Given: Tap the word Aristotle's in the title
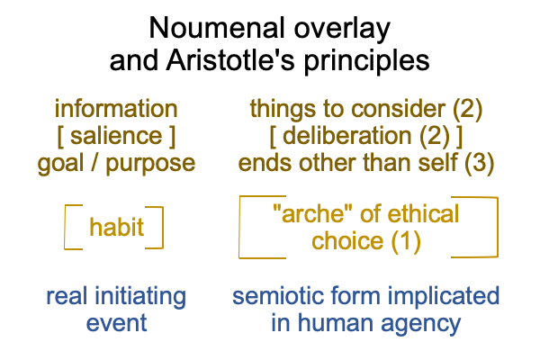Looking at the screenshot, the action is click(x=230, y=60).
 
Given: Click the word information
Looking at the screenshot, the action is click(x=116, y=109).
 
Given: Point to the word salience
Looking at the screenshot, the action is click(x=116, y=135).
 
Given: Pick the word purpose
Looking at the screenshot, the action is click(x=150, y=165).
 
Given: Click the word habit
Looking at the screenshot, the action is click(x=116, y=227).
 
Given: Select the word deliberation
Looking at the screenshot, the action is click(x=346, y=135).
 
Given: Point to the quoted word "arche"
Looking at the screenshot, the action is click(x=309, y=213).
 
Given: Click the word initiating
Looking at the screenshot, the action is click(x=139, y=298).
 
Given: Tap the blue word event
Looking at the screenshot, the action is click(x=116, y=323).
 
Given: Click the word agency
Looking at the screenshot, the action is click(x=420, y=325).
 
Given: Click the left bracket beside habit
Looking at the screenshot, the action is click(x=65, y=227).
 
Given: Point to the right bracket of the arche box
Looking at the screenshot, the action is click(x=498, y=227).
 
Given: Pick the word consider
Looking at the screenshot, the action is click(x=398, y=109).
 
